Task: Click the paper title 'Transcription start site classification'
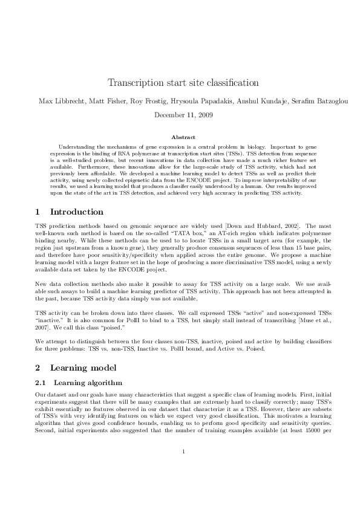click(183, 82)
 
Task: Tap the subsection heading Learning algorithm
click(88, 382)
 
